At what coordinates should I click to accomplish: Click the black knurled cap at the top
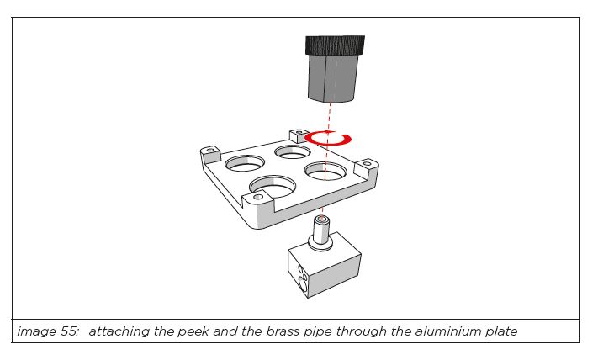(335, 45)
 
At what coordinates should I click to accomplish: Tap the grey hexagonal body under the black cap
(332, 78)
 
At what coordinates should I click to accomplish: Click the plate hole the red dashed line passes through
(325, 171)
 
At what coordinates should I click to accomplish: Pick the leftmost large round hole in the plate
(245, 163)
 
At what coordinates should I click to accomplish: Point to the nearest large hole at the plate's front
(273, 186)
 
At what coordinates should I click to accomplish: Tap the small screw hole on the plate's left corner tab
(210, 151)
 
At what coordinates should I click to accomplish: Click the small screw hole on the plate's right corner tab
(367, 164)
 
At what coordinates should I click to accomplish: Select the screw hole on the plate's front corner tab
(258, 197)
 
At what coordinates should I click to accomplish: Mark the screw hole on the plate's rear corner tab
(299, 132)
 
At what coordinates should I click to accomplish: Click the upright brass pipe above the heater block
(321, 230)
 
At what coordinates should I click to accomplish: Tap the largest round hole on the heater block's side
(304, 285)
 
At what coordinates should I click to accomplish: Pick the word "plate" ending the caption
(501, 331)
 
